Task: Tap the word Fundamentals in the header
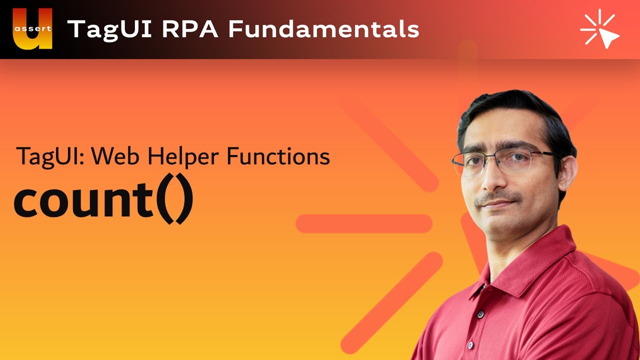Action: click(x=323, y=29)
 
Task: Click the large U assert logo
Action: click(x=32, y=29)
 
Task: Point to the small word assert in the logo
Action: click(x=32, y=28)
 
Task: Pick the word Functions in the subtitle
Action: click(x=278, y=156)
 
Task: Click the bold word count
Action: click(x=83, y=200)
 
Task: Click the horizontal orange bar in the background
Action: click(x=363, y=223)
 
